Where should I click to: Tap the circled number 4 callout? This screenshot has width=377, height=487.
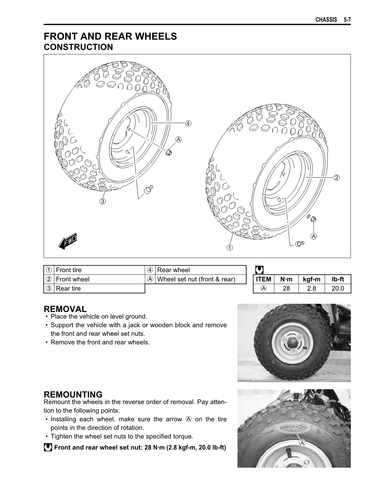point(188,123)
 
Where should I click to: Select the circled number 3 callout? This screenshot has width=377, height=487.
point(102,201)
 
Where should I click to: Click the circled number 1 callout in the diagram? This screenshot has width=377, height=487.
point(230,247)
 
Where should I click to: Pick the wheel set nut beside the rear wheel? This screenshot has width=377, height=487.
point(169,152)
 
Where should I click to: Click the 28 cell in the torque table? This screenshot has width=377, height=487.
point(286,288)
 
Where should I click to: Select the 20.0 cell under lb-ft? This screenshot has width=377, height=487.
point(338,288)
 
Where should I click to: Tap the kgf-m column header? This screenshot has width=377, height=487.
point(311,279)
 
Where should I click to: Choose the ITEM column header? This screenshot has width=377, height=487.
point(263,279)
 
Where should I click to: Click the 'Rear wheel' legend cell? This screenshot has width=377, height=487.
point(173,270)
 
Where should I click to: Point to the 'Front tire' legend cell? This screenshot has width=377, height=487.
point(69,270)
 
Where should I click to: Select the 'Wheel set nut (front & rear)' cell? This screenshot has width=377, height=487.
point(196,279)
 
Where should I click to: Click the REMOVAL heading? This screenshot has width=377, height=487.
point(65,309)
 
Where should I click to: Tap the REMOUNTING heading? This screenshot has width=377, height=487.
point(73,394)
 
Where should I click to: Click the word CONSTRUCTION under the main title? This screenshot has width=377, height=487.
point(78,47)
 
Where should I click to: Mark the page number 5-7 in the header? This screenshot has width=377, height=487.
point(347,20)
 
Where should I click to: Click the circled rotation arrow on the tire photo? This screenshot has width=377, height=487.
point(294,427)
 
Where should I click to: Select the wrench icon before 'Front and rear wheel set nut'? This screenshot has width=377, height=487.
point(48,447)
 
